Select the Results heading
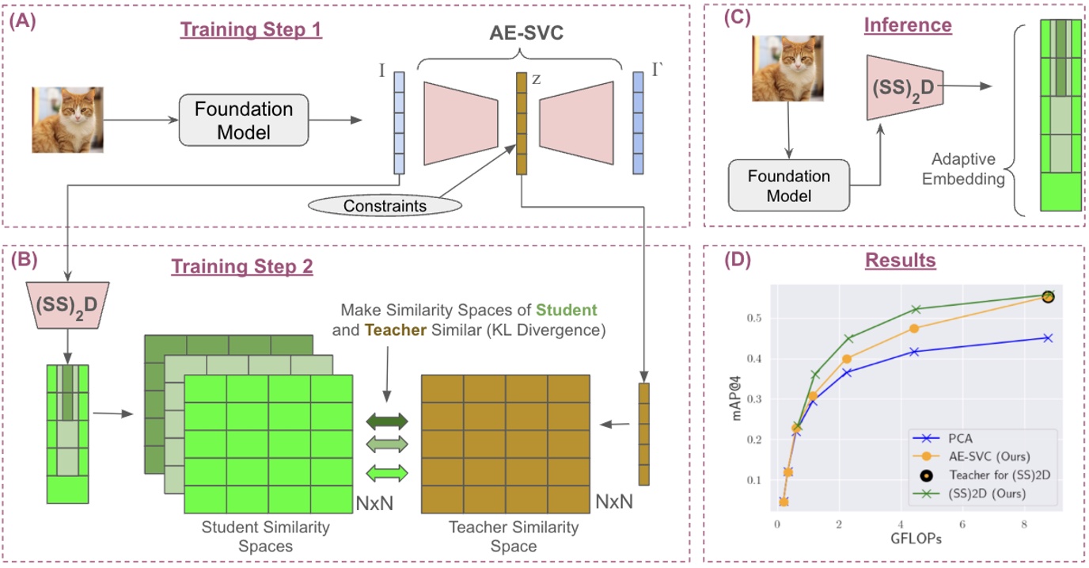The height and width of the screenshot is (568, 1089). point(902,260)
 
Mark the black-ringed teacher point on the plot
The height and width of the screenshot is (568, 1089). point(1047,295)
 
